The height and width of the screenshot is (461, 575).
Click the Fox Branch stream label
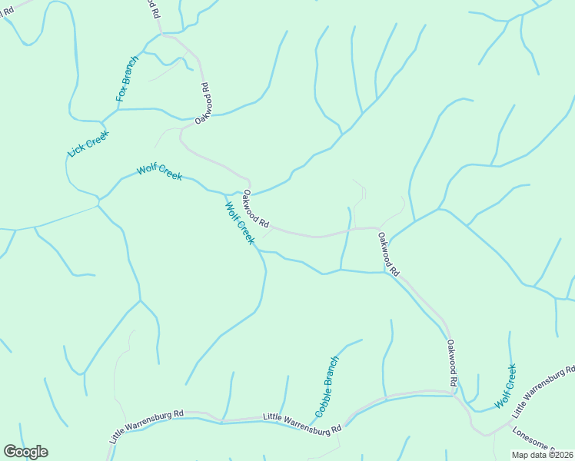pos(128,79)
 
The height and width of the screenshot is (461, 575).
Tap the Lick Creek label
pos(88,144)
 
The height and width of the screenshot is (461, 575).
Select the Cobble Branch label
pos(327,386)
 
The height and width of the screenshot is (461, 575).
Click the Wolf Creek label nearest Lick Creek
pos(159,172)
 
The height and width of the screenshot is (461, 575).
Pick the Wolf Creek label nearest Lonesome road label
pos(506,386)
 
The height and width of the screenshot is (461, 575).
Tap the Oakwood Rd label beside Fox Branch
pos(203,104)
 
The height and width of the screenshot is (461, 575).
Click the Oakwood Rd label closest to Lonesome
pos(453,363)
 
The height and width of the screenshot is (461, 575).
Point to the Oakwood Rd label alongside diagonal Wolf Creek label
pos(256,210)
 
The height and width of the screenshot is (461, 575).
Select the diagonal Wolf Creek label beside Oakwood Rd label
pos(239,223)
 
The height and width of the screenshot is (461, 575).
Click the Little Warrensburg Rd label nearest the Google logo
pos(146,426)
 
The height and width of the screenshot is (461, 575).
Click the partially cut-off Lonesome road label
pos(539,444)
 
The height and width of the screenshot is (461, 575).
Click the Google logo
pos(25,451)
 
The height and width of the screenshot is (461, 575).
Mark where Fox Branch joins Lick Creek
pos(102,122)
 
